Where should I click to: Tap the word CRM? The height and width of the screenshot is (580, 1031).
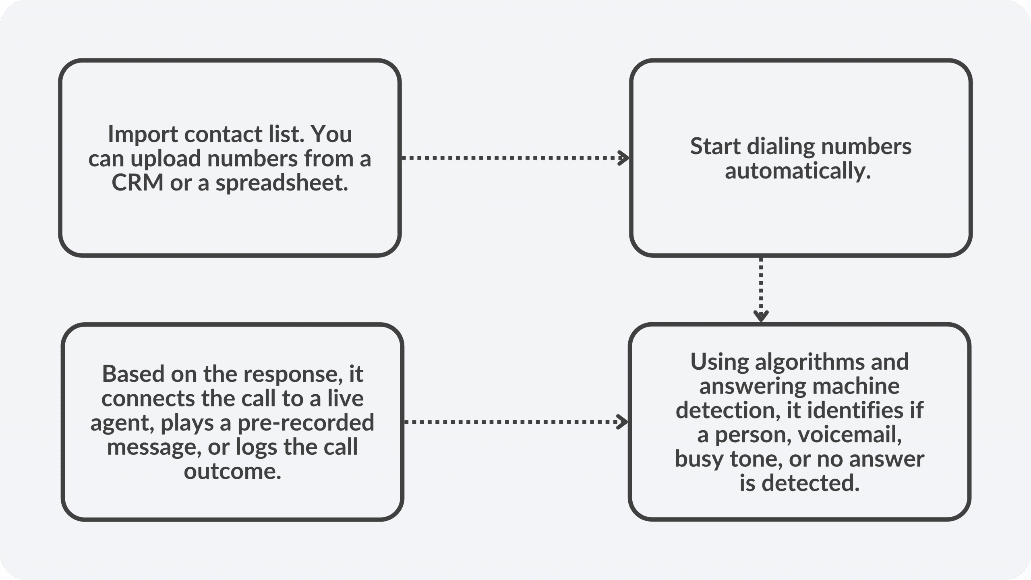tap(137, 183)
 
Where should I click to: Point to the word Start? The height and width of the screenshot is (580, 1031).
tap(716, 146)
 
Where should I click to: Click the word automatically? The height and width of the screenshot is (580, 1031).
tap(798, 171)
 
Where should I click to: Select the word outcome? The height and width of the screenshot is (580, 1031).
tap(232, 471)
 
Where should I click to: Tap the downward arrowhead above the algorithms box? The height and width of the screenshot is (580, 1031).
tap(761, 316)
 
